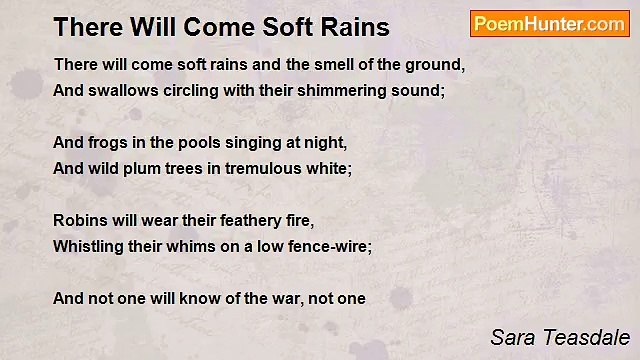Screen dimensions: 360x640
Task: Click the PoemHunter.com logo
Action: click(549, 24)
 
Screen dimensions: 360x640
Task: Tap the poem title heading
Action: click(221, 25)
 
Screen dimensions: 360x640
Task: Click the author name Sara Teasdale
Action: click(559, 337)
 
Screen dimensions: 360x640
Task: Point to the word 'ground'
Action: click(435, 65)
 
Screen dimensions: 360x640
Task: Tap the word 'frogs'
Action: click(108, 143)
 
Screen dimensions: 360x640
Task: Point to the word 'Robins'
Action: click(78, 221)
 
